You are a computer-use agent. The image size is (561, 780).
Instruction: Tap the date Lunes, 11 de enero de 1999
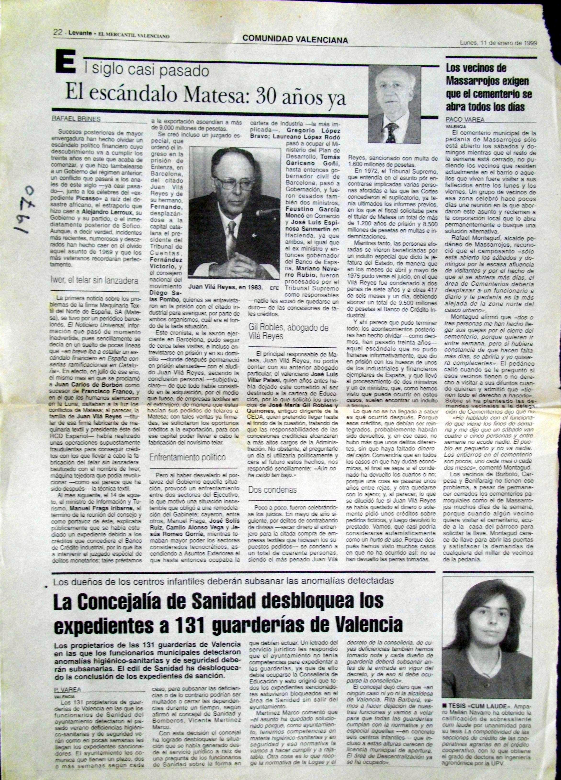(499, 43)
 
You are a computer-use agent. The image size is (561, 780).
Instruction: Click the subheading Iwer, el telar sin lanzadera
(95, 280)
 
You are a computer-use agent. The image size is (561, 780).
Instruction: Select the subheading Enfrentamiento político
(188, 458)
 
